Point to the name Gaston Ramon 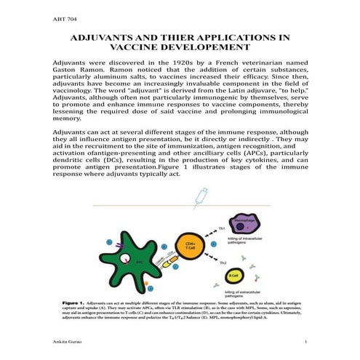pyautogui.click(x=78, y=73)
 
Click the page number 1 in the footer pyautogui.click(x=308, y=341)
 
